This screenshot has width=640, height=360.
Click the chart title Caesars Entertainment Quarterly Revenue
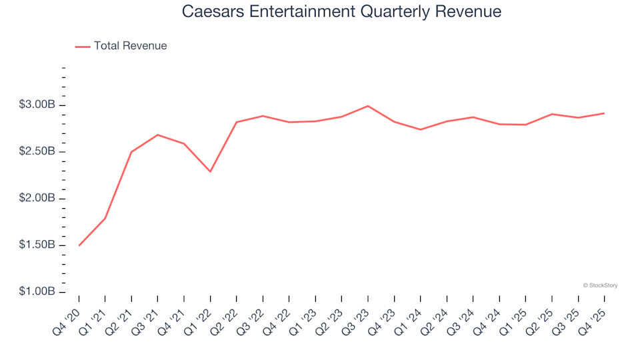[x=341, y=12]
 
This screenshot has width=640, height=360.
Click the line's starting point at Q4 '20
[x=79, y=245]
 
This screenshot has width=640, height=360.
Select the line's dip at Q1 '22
[x=210, y=171]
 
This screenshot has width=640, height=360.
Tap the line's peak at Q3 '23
[x=368, y=106]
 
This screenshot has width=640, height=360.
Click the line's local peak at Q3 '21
[x=157, y=135]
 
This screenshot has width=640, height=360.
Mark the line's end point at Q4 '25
[x=604, y=113]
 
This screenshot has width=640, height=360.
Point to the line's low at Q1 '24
[x=420, y=129]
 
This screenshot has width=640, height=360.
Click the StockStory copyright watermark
[x=600, y=285]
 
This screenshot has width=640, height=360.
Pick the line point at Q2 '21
[x=131, y=152]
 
